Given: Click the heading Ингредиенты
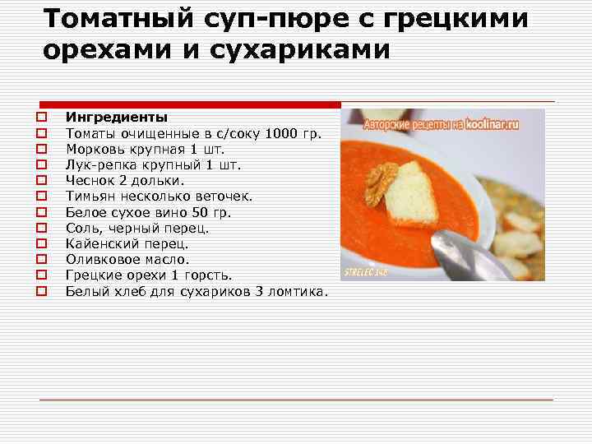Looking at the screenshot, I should pos(116,118).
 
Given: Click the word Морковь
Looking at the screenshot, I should pos(95,149).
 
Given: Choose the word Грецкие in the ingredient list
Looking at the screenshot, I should pos(93,275).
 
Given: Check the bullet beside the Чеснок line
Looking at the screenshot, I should pos(39,181).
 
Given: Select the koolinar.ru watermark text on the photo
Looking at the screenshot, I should pos(492,124).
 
